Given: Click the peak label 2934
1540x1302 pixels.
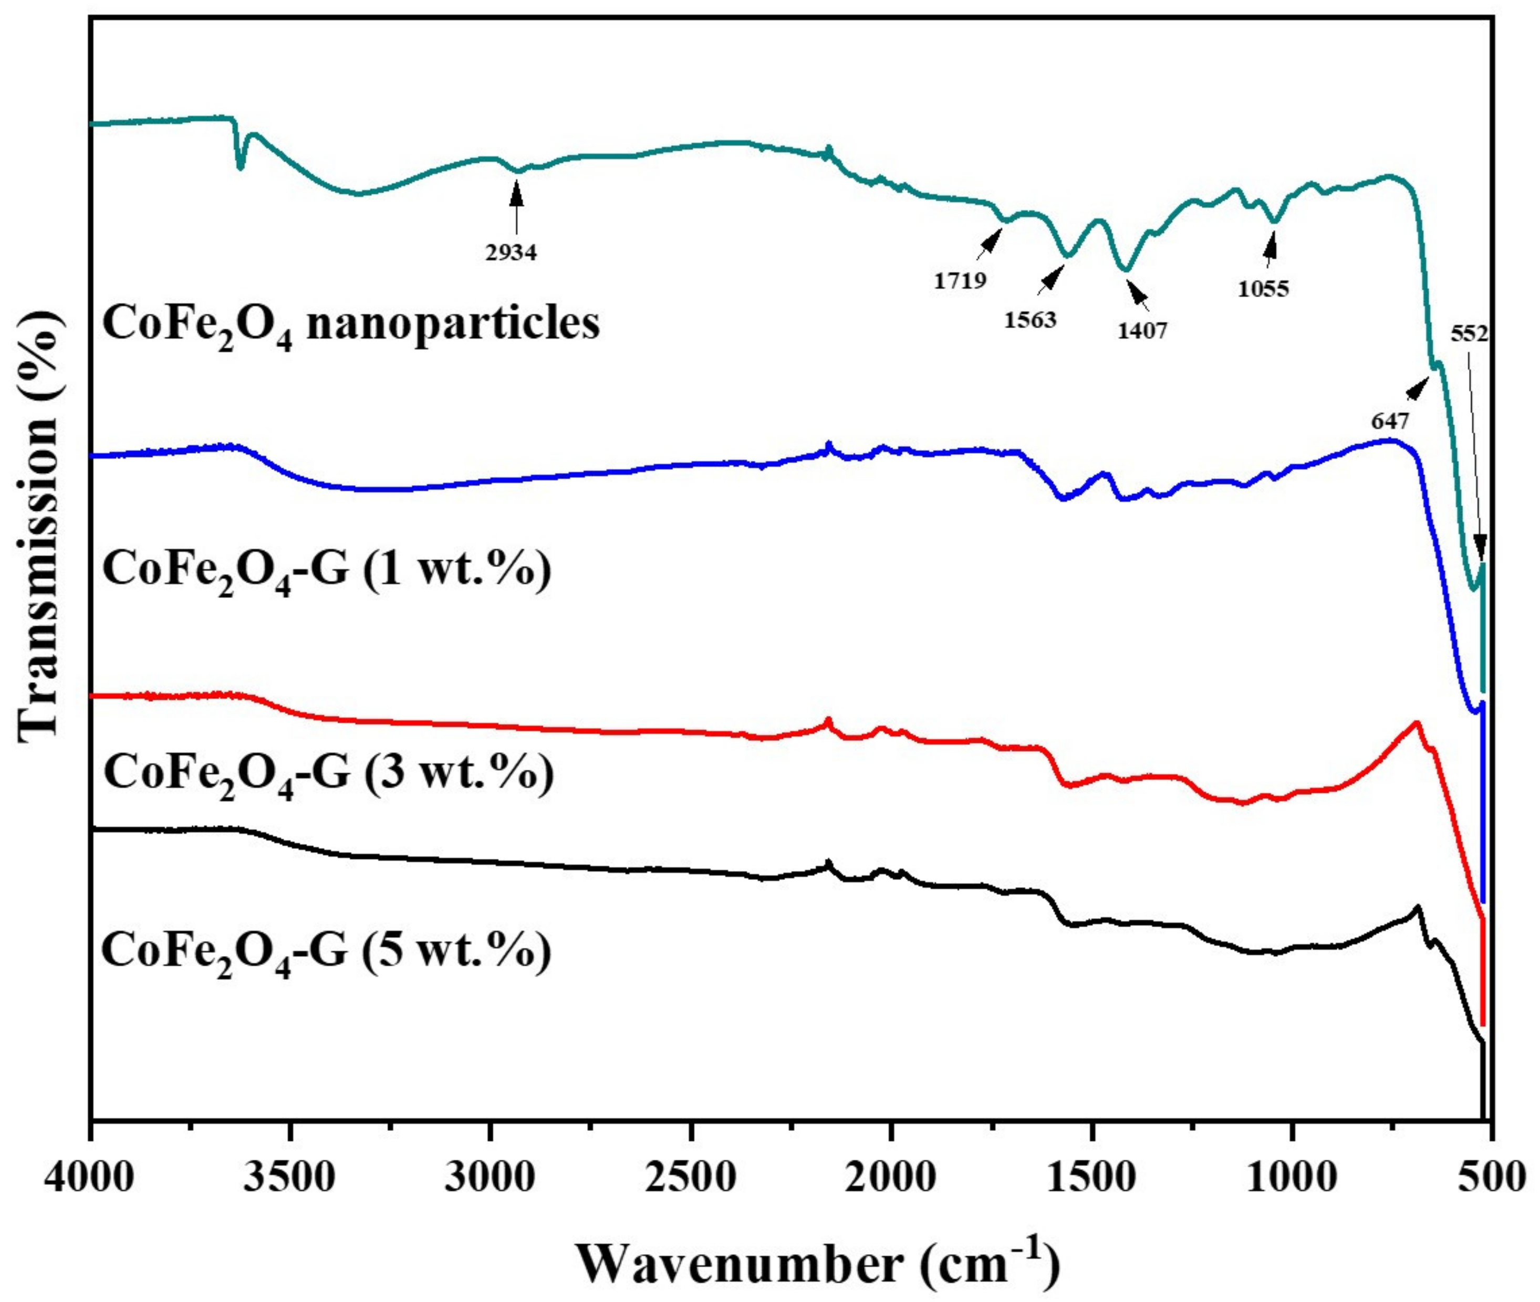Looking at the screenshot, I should pyautogui.click(x=511, y=253).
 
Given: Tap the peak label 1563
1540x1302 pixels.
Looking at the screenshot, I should pyautogui.click(x=1030, y=320).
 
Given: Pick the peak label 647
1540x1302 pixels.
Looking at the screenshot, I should pyautogui.click(x=1391, y=422).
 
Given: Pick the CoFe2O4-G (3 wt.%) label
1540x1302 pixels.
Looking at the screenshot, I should pyautogui.click(x=328, y=774).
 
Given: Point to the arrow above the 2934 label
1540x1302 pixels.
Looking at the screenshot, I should pyautogui.click(x=516, y=207).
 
